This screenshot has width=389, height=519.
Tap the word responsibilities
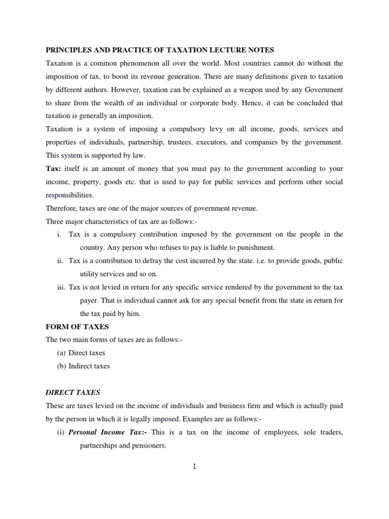[69, 195]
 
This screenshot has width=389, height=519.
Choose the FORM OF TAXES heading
[77, 327]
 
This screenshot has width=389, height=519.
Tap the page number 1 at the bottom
[194, 467]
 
